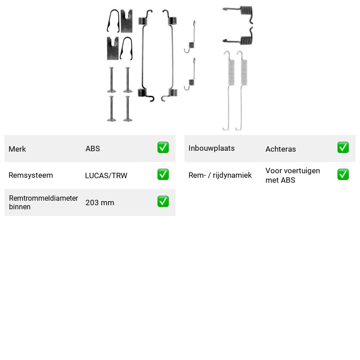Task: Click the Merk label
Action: pos(17,149)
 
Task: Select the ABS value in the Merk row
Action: pos(93,148)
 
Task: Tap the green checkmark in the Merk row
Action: pos(163,148)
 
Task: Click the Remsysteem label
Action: pos(31,175)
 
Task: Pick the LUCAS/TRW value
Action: pos(106,175)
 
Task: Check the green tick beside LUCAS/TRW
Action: pos(163,175)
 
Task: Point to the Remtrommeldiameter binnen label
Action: pos(43,202)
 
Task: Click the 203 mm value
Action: pos(100,202)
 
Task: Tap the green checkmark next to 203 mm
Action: pos(163,201)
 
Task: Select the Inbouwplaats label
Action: pos(211,148)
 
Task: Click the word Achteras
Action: pos(280,149)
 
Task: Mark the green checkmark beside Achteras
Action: pos(343,148)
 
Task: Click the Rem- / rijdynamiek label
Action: pos(220,175)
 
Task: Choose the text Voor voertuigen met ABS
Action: pos(293,175)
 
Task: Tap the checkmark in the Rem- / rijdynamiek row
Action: pos(343,175)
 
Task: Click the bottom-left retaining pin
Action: pos(112,108)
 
